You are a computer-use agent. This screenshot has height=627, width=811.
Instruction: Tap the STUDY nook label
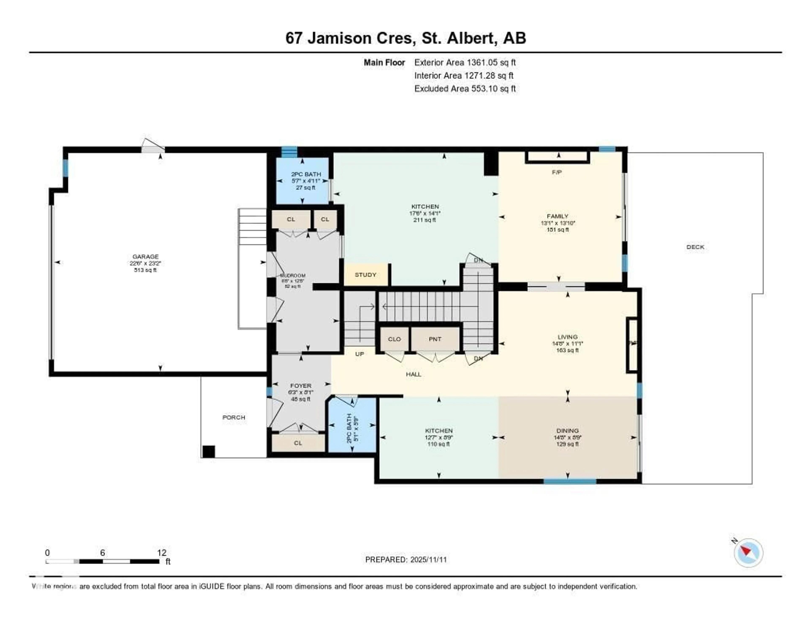(365, 275)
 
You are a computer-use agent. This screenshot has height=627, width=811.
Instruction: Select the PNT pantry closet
(435, 339)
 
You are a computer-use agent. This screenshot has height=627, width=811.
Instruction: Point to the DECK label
(695, 247)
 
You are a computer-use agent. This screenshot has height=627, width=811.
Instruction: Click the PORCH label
(234, 417)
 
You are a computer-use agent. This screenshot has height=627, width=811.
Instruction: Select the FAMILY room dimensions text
(558, 223)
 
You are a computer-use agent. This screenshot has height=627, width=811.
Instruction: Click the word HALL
(413, 374)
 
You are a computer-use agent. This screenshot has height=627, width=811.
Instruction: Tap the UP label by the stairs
(359, 354)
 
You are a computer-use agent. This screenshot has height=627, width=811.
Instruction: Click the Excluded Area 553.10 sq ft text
(465, 88)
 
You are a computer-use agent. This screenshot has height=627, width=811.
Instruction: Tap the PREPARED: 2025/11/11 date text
(406, 559)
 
